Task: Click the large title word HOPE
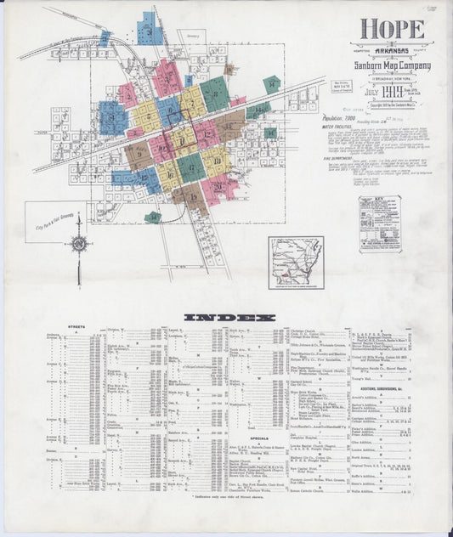(x=394, y=29)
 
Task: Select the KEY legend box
(x=379, y=223)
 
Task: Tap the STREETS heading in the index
(x=77, y=326)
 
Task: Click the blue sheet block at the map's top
(x=150, y=29)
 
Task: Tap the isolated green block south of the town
(x=152, y=218)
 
